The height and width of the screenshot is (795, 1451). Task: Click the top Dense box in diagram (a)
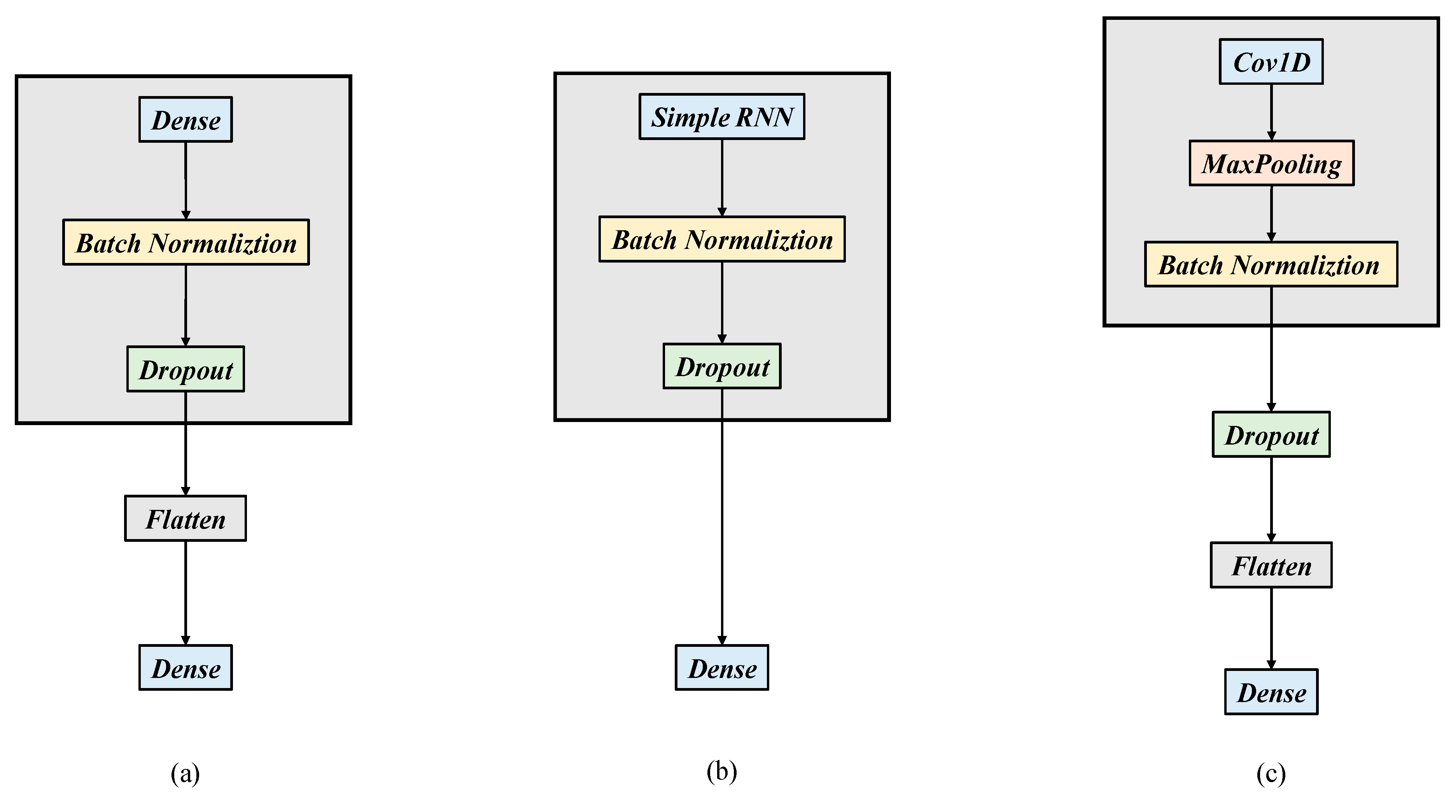click(x=186, y=119)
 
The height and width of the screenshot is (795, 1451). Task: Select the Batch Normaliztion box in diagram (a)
click(x=186, y=242)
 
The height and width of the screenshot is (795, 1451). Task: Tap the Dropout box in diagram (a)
click(x=186, y=369)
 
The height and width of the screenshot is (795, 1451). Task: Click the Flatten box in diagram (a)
click(x=186, y=518)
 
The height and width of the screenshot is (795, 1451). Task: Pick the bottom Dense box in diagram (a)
click(x=186, y=668)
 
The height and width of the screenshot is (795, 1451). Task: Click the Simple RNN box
click(x=721, y=117)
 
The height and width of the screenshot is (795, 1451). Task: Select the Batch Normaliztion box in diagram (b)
click(x=721, y=239)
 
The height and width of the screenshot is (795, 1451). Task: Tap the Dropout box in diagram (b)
click(x=721, y=366)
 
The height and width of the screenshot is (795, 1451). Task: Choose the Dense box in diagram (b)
click(x=721, y=668)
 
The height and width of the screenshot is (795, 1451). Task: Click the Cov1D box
click(x=1271, y=61)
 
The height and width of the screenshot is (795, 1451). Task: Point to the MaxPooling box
click(x=1271, y=163)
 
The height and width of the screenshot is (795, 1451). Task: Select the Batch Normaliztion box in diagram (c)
click(x=1271, y=264)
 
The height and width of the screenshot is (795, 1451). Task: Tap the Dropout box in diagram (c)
click(x=1271, y=434)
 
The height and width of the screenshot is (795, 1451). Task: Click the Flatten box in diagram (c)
click(x=1271, y=565)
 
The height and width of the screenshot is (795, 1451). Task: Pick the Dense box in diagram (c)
click(x=1271, y=692)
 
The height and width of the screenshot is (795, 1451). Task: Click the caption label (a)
click(x=186, y=773)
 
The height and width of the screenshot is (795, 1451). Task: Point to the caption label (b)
click(x=721, y=771)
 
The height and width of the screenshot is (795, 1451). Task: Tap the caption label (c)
click(x=1271, y=773)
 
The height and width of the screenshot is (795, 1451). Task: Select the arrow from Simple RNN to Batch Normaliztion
click(x=721, y=177)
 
